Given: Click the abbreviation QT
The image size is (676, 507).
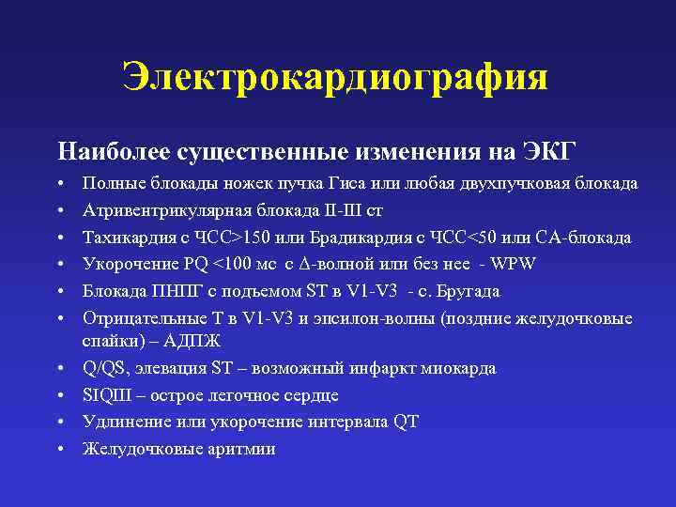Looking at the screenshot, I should click(406, 422).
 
